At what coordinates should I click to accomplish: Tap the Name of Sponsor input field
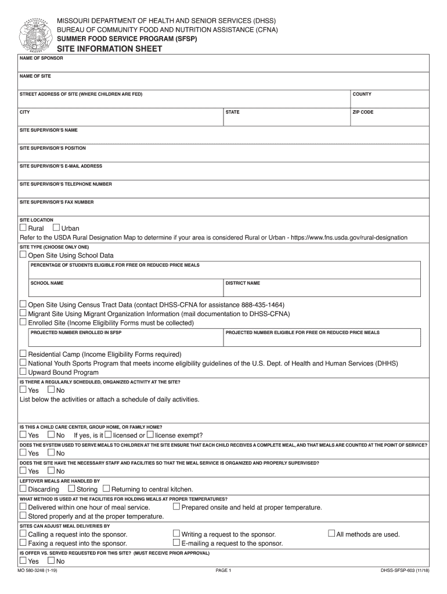(x=223, y=65)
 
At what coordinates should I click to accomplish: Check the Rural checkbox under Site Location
(x=23, y=228)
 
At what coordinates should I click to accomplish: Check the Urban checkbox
(x=56, y=228)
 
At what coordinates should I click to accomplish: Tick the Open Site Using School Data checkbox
(x=23, y=255)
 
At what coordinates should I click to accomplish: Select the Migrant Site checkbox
(x=23, y=313)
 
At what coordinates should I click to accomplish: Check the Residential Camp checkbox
(x=23, y=354)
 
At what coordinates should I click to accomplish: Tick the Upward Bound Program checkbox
(x=23, y=372)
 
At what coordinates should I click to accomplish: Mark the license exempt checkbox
(x=150, y=434)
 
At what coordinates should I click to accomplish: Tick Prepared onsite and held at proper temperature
(x=176, y=506)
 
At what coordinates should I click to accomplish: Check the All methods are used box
(x=331, y=534)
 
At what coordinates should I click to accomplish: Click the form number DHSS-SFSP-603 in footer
(x=405, y=571)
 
